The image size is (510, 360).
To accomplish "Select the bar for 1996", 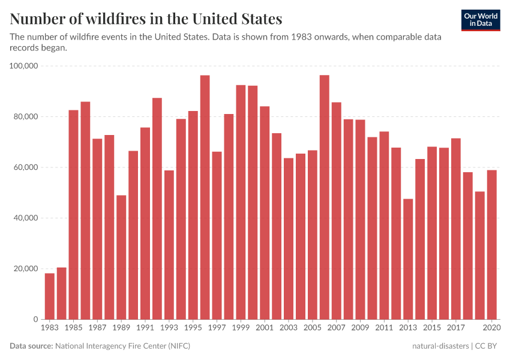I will coord(205,197).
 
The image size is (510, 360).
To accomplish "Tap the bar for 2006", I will coord(324,197).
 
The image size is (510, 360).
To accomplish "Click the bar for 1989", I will coord(121,257).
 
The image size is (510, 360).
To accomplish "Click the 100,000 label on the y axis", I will coord(25,66).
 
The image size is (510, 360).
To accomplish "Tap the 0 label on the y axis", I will coord(36,320).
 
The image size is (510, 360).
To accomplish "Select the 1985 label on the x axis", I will coord(73,328).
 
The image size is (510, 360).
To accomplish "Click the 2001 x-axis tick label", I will coord(265,328).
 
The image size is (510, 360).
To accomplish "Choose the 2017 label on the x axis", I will coord(456,328).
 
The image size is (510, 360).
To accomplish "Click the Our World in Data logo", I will coord(481,20).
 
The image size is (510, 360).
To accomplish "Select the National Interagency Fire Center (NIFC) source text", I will coord(122,346).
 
